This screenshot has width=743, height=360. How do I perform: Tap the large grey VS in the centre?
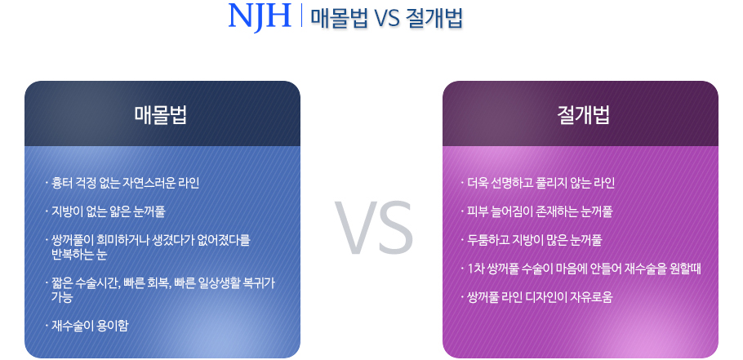374,229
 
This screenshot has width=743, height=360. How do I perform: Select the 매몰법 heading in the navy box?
161,114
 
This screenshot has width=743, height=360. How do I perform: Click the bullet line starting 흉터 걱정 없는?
122,183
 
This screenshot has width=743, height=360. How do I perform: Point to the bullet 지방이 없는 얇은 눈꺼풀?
105,211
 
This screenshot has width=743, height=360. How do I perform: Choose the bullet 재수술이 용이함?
87,326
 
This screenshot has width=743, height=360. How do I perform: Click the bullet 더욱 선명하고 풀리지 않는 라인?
537,183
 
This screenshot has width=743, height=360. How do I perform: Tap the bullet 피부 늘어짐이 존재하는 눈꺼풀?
536,211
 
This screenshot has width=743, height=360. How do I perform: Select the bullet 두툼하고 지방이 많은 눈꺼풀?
532,240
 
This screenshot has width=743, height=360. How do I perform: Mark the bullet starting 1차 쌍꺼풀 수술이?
581,269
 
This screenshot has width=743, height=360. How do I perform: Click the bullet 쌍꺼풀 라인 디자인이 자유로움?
536,297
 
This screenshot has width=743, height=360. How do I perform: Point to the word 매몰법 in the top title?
332,19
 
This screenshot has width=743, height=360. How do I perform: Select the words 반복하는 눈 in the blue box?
79,255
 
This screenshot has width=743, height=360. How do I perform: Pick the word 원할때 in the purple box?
684,269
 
